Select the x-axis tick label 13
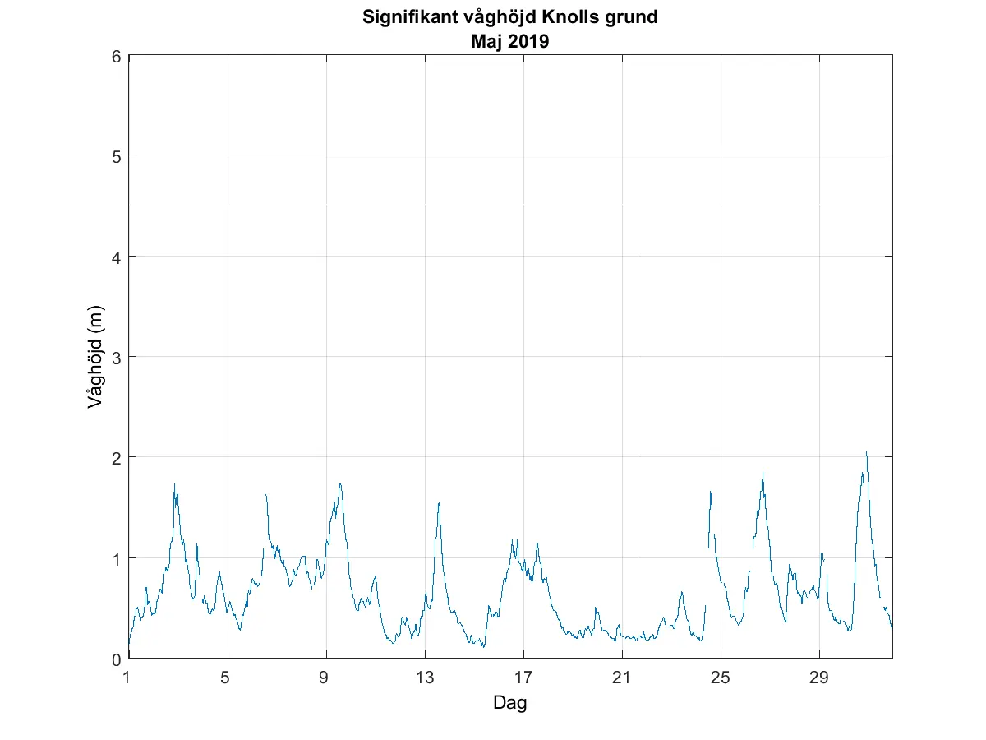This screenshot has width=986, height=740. [425, 677]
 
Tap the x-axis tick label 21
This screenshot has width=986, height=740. [622, 677]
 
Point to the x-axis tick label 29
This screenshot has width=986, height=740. [819, 677]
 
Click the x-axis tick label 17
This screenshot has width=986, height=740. [523, 677]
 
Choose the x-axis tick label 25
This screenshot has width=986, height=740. [721, 677]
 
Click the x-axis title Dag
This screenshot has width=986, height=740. [509, 703]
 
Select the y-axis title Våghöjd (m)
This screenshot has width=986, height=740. [95, 357]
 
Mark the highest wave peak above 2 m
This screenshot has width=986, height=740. [866, 452]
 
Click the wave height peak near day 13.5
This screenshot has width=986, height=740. [439, 502]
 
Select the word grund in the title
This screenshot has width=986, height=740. [634, 17]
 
